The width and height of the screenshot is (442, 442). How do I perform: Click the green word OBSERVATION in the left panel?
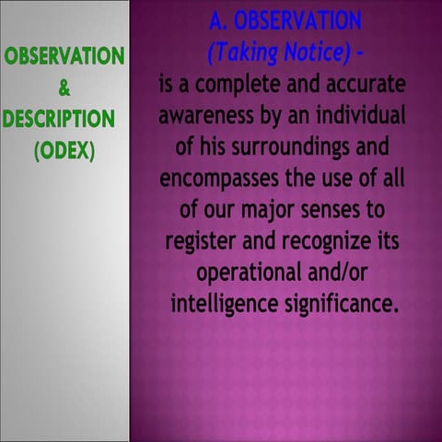pyautogui.click(x=64, y=57)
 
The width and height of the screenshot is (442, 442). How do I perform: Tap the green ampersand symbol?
pyautogui.click(x=64, y=88)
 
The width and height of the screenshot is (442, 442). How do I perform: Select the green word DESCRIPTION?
pyautogui.click(x=58, y=120)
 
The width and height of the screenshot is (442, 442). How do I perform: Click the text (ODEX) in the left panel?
pyautogui.click(x=64, y=150)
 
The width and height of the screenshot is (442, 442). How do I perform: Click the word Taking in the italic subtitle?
pyautogui.click(x=241, y=53)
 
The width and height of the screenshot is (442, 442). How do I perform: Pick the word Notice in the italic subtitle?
pyautogui.click(x=315, y=53)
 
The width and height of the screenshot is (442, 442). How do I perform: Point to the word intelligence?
pyautogui.click(x=225, y=305)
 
